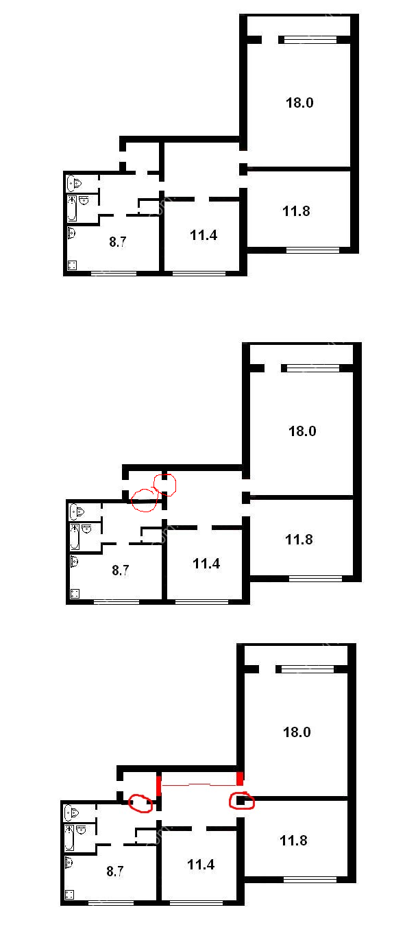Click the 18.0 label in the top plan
click(x=299, y=103)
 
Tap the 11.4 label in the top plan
click(x=204, y=235)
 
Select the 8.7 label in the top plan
click(x=118, y=241)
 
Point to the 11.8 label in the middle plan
click(x=299, y=540)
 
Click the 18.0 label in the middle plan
click(x=302, y=431)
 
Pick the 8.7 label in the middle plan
click(x=121, y=570)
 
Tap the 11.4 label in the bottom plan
click(x=201, y=865)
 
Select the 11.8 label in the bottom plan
click(x=293, y=841)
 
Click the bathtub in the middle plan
click(x=75, y=536)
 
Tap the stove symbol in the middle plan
click(x=75, y=593)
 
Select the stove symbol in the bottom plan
click(x=69, y=894)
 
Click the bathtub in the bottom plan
click(x=69, y=837)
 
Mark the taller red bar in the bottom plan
click(x=159, y=786)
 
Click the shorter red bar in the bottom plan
click(x=240, y=779)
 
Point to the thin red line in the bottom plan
click(x=199, y=784)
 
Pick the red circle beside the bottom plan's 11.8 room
click(x=241, y=800)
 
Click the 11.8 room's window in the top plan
click(x=312, y=250)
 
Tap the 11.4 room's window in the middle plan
click(x=201, y=602)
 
